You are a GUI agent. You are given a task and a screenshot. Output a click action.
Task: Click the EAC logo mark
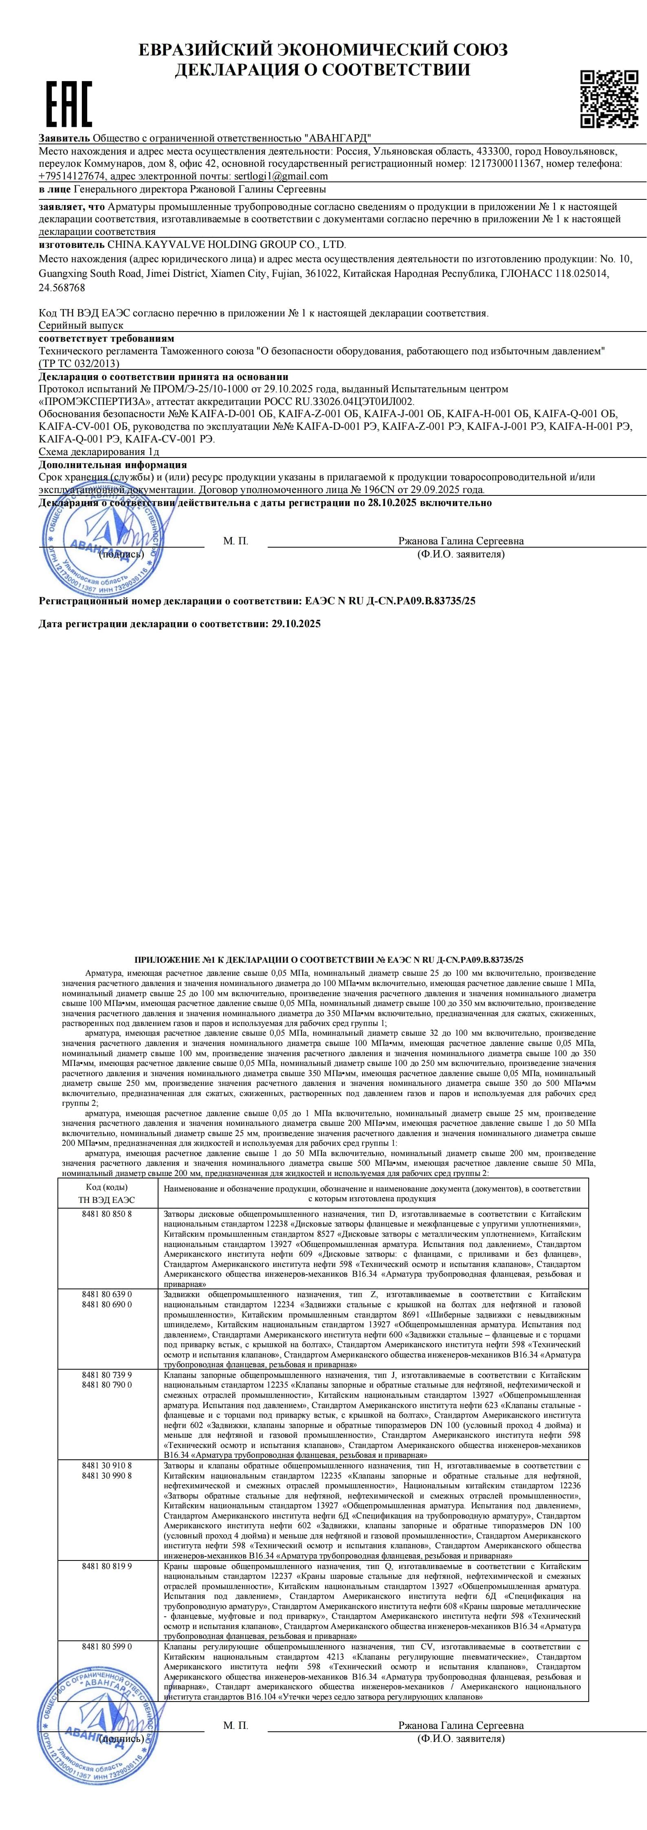coord(69,104)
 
